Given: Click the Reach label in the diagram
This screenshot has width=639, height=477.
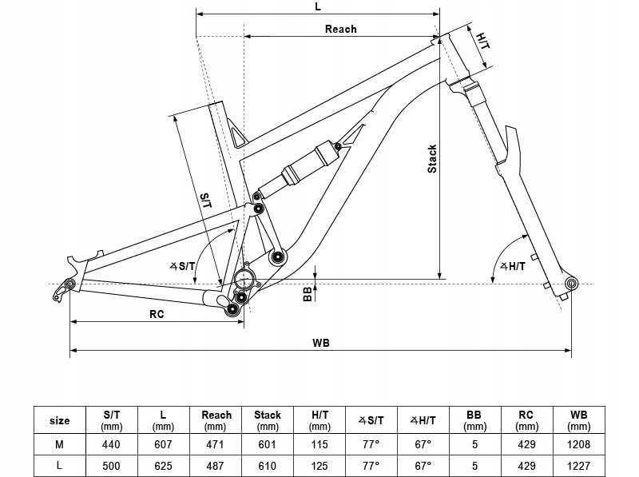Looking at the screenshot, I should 340,29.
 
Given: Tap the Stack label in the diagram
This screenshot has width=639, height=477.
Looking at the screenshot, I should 432,158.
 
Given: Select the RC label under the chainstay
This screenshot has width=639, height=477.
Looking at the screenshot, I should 157,314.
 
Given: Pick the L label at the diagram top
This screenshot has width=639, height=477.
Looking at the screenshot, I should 318,6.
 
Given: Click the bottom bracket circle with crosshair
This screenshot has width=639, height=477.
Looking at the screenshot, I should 245,280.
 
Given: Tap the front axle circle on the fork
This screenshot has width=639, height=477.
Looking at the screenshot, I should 571,283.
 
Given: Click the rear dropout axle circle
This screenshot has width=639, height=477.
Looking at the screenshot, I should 70,283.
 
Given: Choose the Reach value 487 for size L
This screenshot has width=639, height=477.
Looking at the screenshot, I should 216,465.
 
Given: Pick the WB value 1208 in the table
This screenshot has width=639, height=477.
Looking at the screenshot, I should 578,443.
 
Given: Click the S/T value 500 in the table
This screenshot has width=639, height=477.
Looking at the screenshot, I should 112,465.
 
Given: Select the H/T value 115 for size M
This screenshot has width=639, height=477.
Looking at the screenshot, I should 319,443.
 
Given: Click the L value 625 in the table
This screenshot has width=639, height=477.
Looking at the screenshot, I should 163,465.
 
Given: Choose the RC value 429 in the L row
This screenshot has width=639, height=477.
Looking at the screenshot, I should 526,465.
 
